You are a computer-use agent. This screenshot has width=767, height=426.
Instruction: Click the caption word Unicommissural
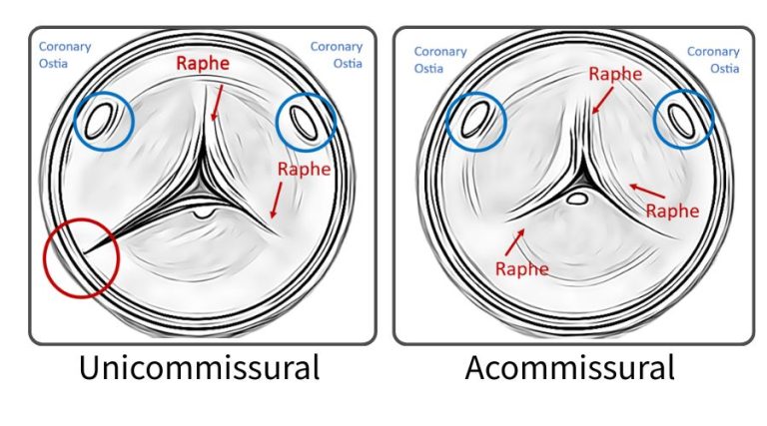(x=200, y=367)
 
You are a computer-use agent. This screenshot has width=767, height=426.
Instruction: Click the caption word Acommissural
(x=569, y=367)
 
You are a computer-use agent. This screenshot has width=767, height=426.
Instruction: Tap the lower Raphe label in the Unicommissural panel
(x=304, y=169)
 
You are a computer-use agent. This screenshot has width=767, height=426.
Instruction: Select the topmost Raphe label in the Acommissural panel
(x=615, y=73)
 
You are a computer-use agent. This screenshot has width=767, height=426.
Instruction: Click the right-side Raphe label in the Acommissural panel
(x=672, y=211)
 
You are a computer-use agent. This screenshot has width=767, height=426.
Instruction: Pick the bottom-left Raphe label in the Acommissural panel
(x=521, y=268)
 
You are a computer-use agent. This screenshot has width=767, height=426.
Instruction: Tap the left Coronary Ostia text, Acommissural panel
(x=440, y=60)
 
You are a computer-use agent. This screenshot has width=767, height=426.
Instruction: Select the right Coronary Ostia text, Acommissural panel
(x=713, y=60)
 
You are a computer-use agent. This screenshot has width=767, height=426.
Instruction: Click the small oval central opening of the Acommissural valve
(x=576, y=199)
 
